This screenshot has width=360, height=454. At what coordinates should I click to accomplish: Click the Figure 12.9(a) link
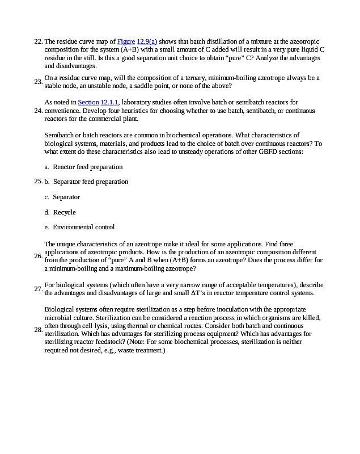click(x=137, y=41)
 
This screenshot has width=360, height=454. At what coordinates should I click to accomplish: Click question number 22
click(x=38, y=41)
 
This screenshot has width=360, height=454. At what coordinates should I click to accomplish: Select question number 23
click(x=38, y=82)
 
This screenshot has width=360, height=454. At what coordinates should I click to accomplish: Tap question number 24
click(x=38, y=111)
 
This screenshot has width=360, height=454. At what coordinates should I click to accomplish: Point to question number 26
click(x=38, y=256)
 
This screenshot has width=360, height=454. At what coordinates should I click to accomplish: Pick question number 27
click(x=38, y=289)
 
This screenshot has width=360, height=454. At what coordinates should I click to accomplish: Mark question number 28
click(x=38, y=329)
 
